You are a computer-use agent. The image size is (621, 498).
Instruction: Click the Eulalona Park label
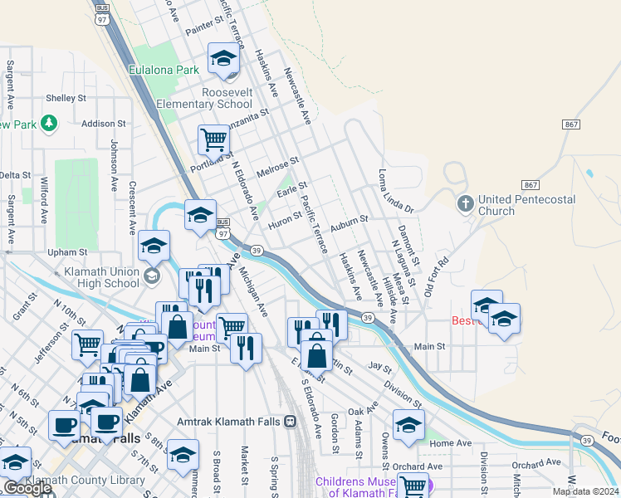[x=164, y=71]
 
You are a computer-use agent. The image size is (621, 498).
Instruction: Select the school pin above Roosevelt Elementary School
[x=222, y=59]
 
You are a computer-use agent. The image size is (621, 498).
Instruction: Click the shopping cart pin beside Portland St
[x=214, y=141]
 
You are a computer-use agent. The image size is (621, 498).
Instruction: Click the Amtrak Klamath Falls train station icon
[x=290, y=422]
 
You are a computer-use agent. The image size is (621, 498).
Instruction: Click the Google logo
[x=27, y=488]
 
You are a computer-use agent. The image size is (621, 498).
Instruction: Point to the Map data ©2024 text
[x=585, y=491]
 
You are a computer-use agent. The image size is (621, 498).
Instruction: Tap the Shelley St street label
[x=66, y=98]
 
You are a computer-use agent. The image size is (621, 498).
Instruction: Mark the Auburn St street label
[x=348, y=222]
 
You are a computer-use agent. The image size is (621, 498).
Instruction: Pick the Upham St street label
[x=67, y=251]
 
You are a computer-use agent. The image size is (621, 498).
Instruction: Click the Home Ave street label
[x=451, y=444]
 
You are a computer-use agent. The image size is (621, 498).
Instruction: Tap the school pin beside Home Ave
[x=408, y=425]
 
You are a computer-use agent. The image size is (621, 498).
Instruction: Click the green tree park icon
[x=49, y=124]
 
